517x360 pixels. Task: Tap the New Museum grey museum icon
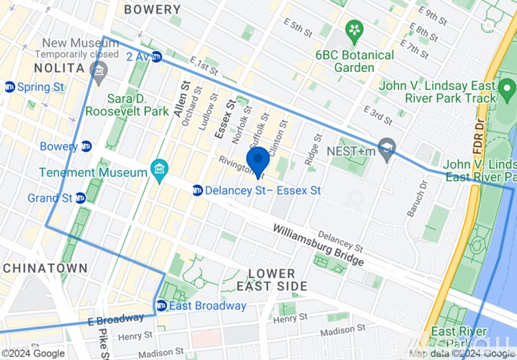pos(99,71)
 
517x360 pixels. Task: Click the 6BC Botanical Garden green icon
pos(354,30)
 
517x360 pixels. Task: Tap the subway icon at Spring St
pos(9,87)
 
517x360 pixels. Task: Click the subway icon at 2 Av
pos(156,57)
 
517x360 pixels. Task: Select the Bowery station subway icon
pos(86,147)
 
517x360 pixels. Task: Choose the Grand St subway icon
pos(81,198)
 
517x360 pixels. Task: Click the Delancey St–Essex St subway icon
pos(197,190)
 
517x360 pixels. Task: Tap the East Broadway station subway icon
pos(161,306)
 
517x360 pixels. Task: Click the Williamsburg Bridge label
pos(318,245)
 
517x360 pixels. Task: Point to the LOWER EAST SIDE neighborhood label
pos(271,280)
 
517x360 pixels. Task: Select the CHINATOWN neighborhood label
pos(45,268)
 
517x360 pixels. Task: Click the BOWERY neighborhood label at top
pos(152,9)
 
